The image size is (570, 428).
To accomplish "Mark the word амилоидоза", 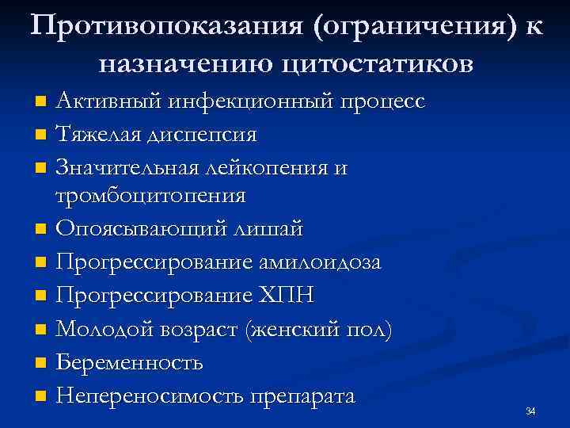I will (313, 262).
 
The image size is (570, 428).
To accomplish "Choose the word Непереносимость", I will (148, 396).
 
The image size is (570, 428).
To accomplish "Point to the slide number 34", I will (530, 411).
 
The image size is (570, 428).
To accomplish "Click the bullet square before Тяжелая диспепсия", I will (41, 136).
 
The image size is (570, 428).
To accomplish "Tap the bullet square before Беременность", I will (41, 364).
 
